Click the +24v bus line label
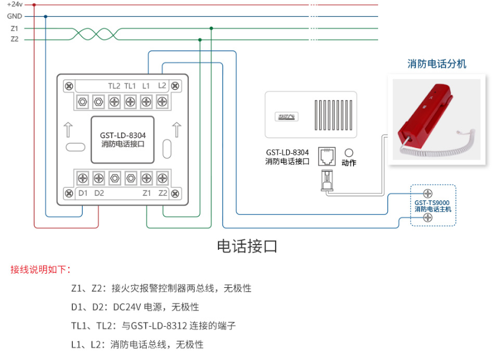coord(15,5)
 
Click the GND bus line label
coord(15,16)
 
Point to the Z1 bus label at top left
coord(15,28)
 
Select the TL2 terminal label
coord(114,86)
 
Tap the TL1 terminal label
coord(130,86)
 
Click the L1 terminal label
coord(146,86)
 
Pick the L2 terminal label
coord(162,86)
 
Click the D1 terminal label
coord(83,193)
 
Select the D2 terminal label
coord(99,193)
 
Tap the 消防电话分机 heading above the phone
coord(436,64)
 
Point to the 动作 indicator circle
coord(350,151)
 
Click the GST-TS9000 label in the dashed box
coord(432,203)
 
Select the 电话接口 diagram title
coord(247,246)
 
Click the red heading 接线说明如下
coord(41,270)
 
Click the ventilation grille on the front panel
coord(333,115)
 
